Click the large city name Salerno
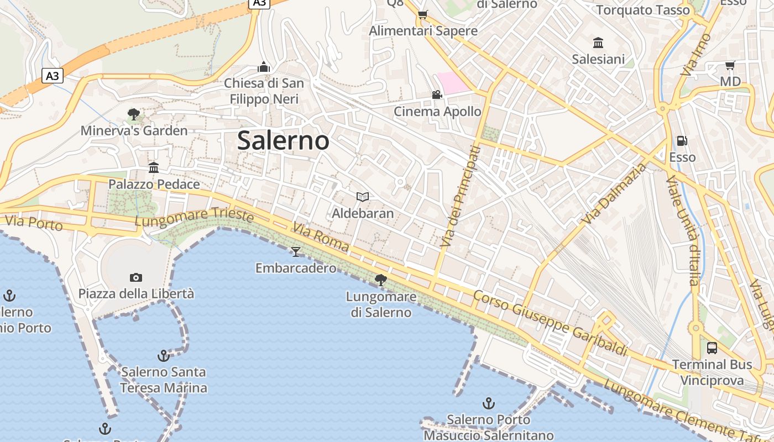point(283,140)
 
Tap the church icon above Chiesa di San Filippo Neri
point(264,67)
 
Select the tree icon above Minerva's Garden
point(133,114)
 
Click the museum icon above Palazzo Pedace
point(154,167)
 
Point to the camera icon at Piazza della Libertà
point(135,277)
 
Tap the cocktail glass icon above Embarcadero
point(296,252)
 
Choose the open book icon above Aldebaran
point(363,197)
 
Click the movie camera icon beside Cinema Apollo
point(437,94)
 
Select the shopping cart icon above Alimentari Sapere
point(423,14)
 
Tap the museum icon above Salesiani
point(598,43)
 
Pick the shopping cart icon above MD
point(730,66)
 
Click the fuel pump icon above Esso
point(682,141)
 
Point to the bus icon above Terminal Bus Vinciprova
point(712,348)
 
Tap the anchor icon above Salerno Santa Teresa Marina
point(163,355)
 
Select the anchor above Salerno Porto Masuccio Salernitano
point(488,403)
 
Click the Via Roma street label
point(321,237)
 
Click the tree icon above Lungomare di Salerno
point(380,280)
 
